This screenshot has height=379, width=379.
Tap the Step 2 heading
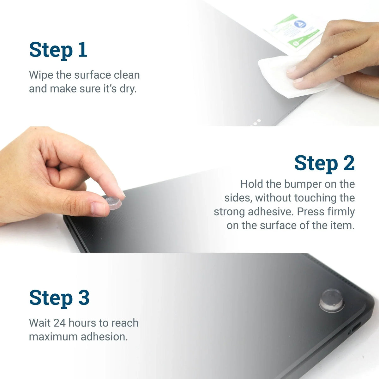(x=325, y=164)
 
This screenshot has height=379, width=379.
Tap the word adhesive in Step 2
(x=270, y=212)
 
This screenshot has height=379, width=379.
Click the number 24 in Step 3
(x=59, y=323)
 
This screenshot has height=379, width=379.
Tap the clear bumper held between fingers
(x=113, y=202)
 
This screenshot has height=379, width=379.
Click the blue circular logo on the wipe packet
(x=300, y=24)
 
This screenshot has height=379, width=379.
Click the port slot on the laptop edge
(x=356, y=327)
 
